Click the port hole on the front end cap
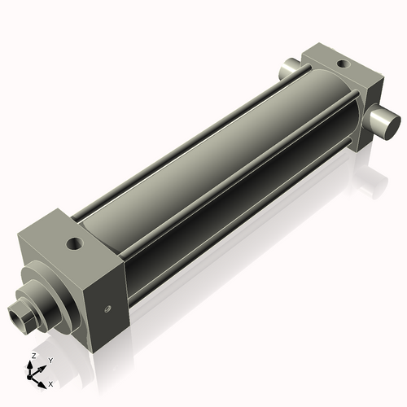point(76,243)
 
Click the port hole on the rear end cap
point(341,63)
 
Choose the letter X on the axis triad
point(50,383)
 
